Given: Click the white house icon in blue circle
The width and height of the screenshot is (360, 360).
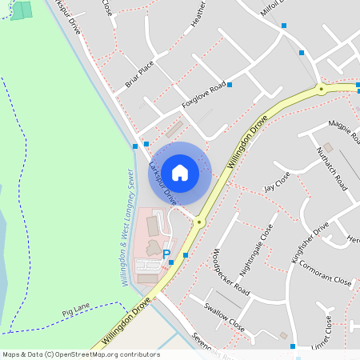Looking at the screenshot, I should coord(180,173).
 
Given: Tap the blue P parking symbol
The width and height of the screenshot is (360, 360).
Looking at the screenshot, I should coord(166,254).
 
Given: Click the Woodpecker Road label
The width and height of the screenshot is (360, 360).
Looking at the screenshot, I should coord(231,273).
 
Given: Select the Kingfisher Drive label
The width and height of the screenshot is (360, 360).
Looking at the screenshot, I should coord(310,242).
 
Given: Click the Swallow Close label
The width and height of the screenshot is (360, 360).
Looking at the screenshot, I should coord(224,318).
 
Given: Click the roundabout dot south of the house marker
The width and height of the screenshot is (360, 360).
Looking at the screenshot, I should coord(199,222).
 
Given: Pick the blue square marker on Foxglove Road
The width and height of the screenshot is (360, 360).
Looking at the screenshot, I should coord(230,84).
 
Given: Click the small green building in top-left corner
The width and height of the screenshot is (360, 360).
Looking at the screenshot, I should coord(22,10).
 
